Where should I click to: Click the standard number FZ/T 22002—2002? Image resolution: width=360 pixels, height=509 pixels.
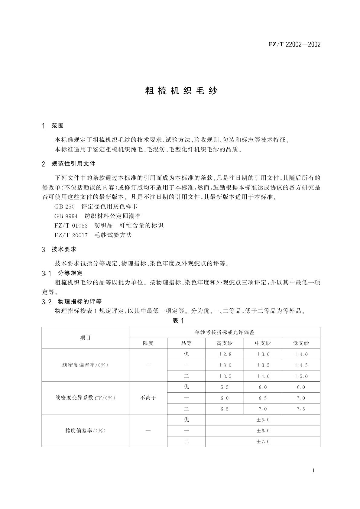pos(294,45)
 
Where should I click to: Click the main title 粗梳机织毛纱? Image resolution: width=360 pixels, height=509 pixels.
pos(181,91)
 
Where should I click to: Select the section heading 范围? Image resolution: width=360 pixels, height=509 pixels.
pos(57,126)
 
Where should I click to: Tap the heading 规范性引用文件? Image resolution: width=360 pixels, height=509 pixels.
pos(73,164)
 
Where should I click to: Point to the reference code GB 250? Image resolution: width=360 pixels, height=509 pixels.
pos(64,207)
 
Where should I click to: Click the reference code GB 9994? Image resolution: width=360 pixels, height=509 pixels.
pos(66,216)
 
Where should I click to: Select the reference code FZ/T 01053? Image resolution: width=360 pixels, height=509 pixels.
pos(71,225)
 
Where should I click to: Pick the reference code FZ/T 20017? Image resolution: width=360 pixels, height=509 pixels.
pos(71,235)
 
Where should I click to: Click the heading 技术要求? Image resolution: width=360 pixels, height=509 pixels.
pos(64,249)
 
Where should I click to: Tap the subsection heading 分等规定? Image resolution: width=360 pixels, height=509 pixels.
pos(70,273)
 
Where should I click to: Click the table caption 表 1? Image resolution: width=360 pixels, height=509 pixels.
pos(178,321)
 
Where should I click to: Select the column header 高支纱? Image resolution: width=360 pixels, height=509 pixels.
pos(224,343)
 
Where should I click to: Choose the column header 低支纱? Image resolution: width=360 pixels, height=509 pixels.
pos(301,343)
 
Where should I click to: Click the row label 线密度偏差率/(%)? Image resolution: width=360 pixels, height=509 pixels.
pos(85,365)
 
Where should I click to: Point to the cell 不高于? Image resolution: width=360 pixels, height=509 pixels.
pos(148,398)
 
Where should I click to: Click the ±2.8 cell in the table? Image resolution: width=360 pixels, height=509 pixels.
pos(225,354)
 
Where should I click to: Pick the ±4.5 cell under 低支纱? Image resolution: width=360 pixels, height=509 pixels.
pos(301,365)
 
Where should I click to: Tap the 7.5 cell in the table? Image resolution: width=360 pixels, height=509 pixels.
pos(301,409)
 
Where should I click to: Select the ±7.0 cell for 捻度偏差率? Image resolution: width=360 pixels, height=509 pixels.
pos(263,442)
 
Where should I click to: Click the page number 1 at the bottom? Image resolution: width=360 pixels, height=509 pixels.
pos(313,470)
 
